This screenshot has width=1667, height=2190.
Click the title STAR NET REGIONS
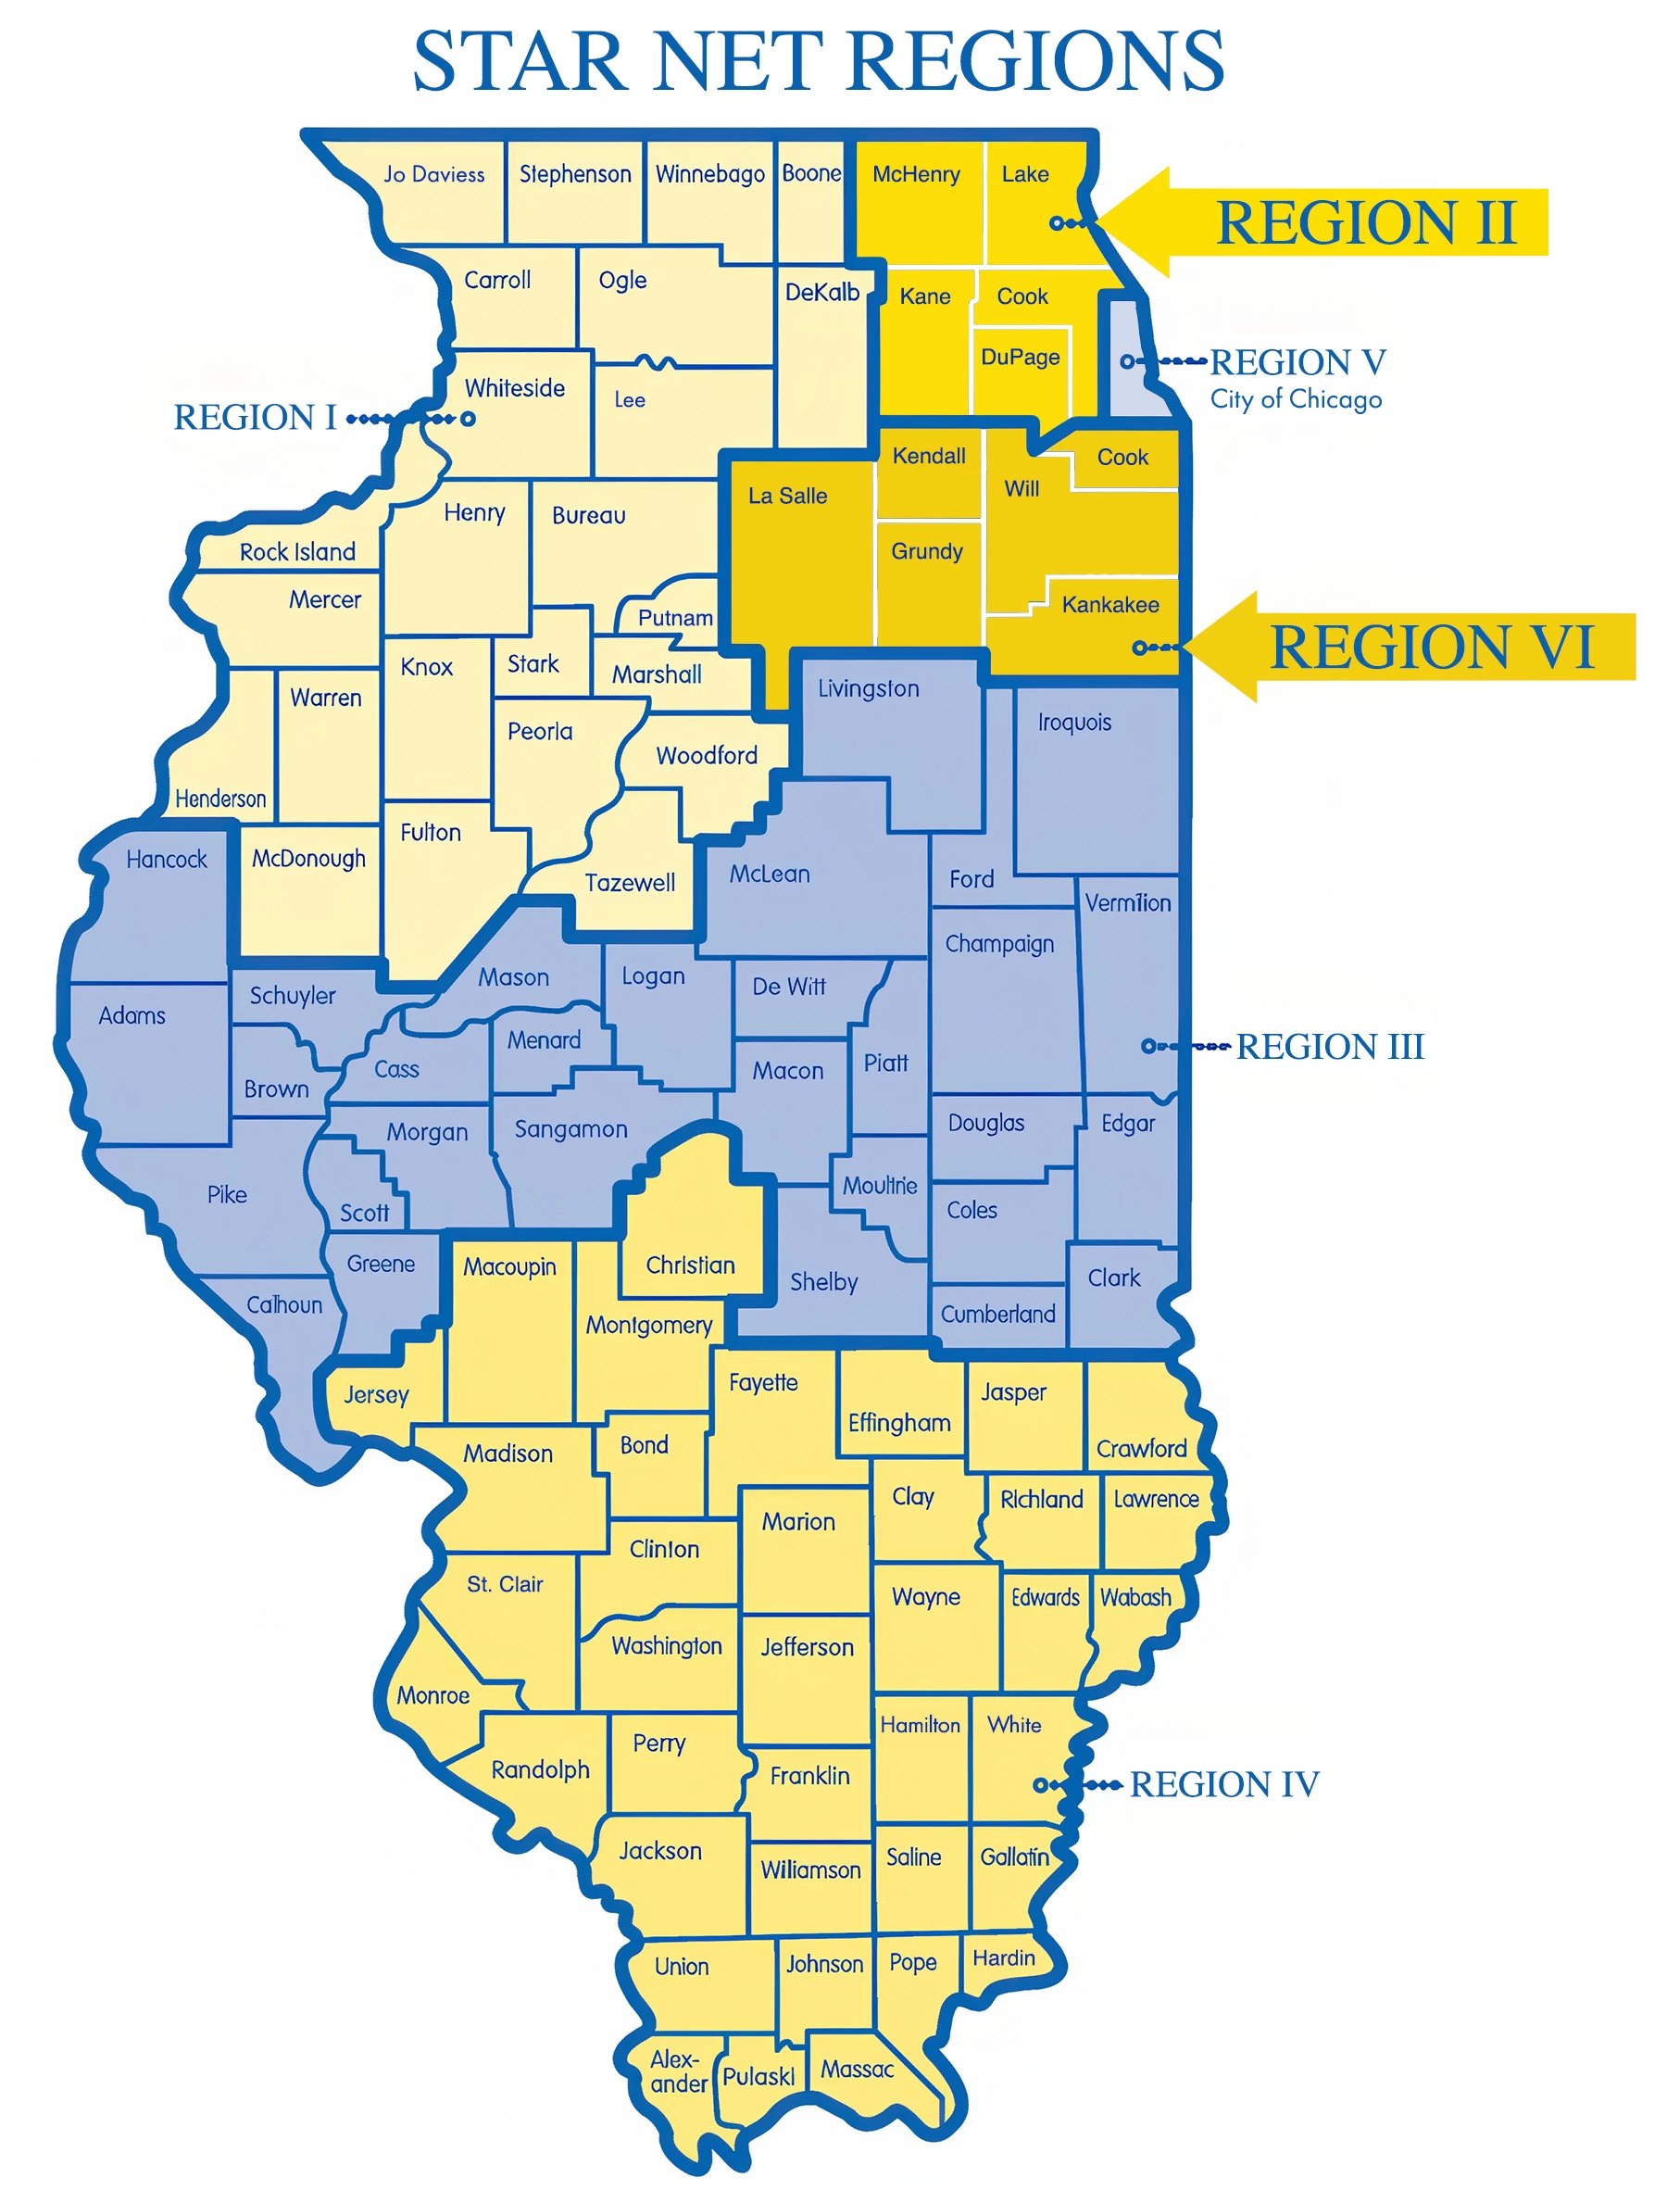point(818,61)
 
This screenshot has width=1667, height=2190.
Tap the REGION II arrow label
point(1365,222)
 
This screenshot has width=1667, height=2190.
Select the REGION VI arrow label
point(1431,647)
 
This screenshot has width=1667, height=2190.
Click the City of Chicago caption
point(1295,399)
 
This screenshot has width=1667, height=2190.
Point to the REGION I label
point(255,418)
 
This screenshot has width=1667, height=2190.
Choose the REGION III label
point(1329,1046)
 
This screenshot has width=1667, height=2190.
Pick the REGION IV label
point(1223,1784)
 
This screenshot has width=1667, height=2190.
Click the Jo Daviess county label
point(433,175)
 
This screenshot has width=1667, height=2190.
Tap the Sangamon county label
point(570,1129)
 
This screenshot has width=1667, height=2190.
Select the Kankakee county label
point(1109,604)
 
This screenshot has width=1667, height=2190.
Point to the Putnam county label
point(675,617)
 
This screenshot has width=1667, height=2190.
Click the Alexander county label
point(678,2072)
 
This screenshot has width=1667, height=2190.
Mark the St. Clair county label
point(504,1584)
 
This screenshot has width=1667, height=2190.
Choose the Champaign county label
point(998,944)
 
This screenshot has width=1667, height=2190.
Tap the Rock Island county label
point(296,552)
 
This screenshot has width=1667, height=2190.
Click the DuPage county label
point(1019,358)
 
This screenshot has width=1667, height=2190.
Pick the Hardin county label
point(1003,1957)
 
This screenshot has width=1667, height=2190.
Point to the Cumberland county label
point(997,1314)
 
